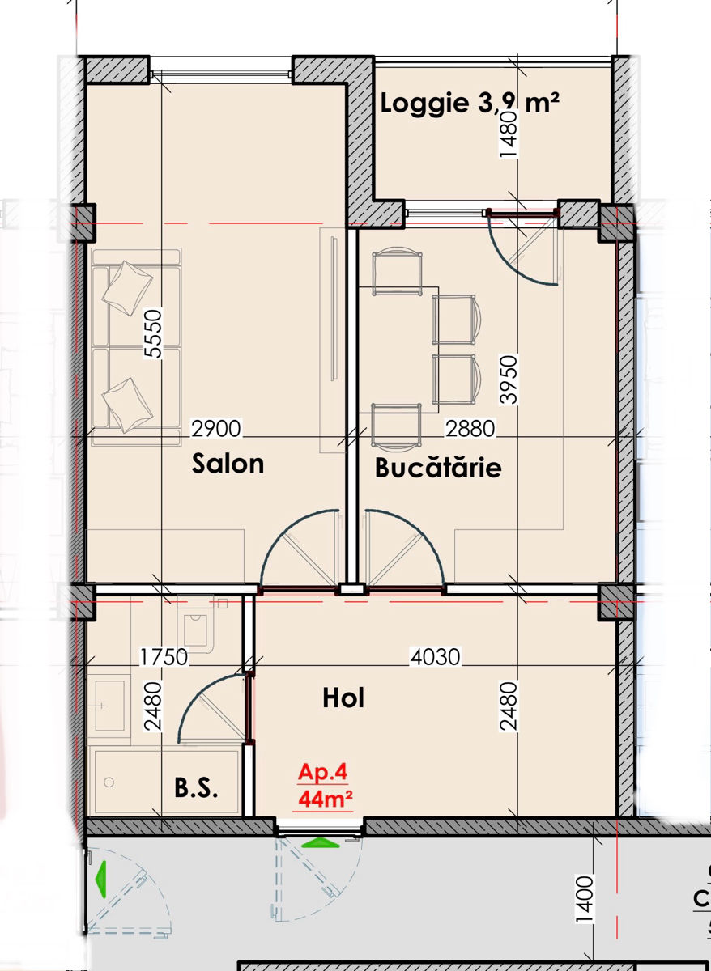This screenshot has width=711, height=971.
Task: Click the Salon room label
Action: [228, 464]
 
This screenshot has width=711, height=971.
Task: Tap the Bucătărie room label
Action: [438, 468]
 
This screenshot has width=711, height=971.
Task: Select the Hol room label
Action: [343, 698]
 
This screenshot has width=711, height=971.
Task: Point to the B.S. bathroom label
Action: [196, 787]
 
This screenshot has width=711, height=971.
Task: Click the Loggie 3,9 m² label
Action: [470, 104]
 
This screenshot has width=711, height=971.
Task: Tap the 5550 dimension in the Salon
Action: [153, 333]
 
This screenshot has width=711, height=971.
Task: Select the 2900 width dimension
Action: [216, 428]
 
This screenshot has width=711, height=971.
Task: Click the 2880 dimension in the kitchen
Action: [470, 428]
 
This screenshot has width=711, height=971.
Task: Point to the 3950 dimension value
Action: [509, 379]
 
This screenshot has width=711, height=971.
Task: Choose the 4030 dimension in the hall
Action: [436, 657]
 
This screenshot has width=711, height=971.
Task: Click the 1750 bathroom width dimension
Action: [164, 657]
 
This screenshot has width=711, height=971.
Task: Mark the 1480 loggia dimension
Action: [509, 135]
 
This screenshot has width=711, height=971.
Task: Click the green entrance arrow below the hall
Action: [321, 842]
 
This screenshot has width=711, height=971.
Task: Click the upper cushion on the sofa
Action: [127, 287]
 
